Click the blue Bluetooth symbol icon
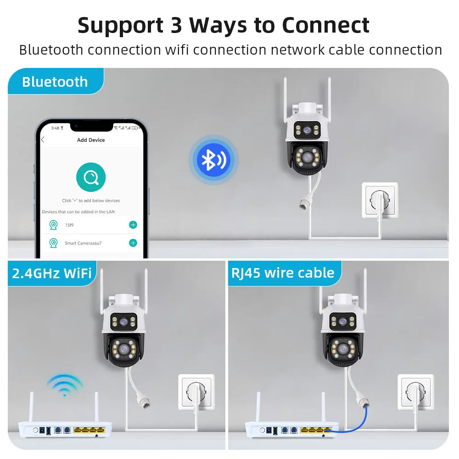tap(213, 160)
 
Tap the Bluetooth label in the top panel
tap(55, 82)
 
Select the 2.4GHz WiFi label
tap(52, 273)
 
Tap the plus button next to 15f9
tap(133, 224)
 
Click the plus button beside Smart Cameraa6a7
tap(133, 243)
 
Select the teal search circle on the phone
tap(90, 177)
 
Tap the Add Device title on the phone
tap(91, 140)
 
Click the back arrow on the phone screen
tap(43, 140)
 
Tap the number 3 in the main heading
tap(176, 25)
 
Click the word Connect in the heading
tap(325, 25)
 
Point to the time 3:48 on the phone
tap(56, 128)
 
